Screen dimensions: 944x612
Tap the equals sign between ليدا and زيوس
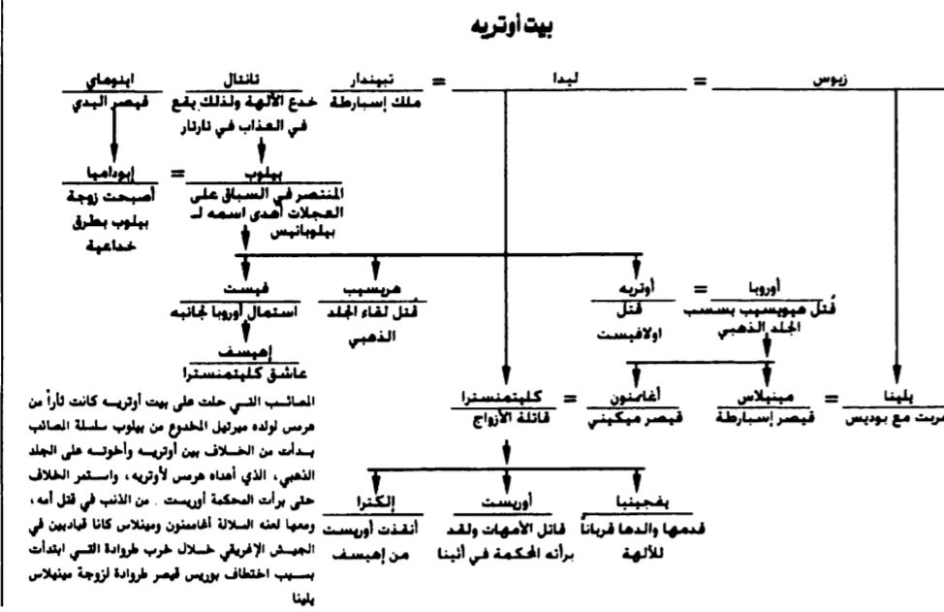(x=699, y=81)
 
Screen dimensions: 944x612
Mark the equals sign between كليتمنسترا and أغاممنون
(x=570, y=399)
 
